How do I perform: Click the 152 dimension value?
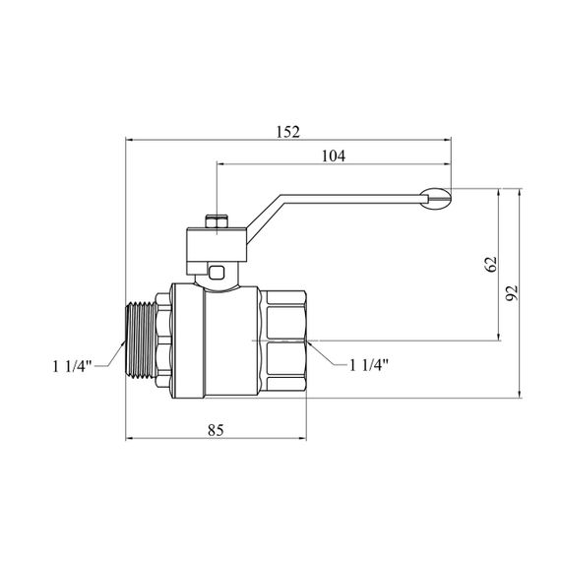pyautogui.click(x=288, y=132)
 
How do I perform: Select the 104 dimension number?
pyautogui.click(x=334, y=156)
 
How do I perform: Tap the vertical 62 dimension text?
pyautogui.click(x=491, y=264)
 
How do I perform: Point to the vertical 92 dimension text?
pyautogui.click(x=512, y=293)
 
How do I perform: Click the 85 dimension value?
pyautogui.click(x=216, y=430)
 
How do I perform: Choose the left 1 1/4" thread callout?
pyautogui.click(x=72, y=366)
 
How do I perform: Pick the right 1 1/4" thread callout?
pyautogui.click(x=369, y=365)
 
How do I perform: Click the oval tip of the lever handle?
pyautogui.click(x=435, y=197)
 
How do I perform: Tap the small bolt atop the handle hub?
pyautogui.click(x=217, y=221)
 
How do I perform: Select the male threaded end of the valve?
pyautogui.click(x=142, y=341)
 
